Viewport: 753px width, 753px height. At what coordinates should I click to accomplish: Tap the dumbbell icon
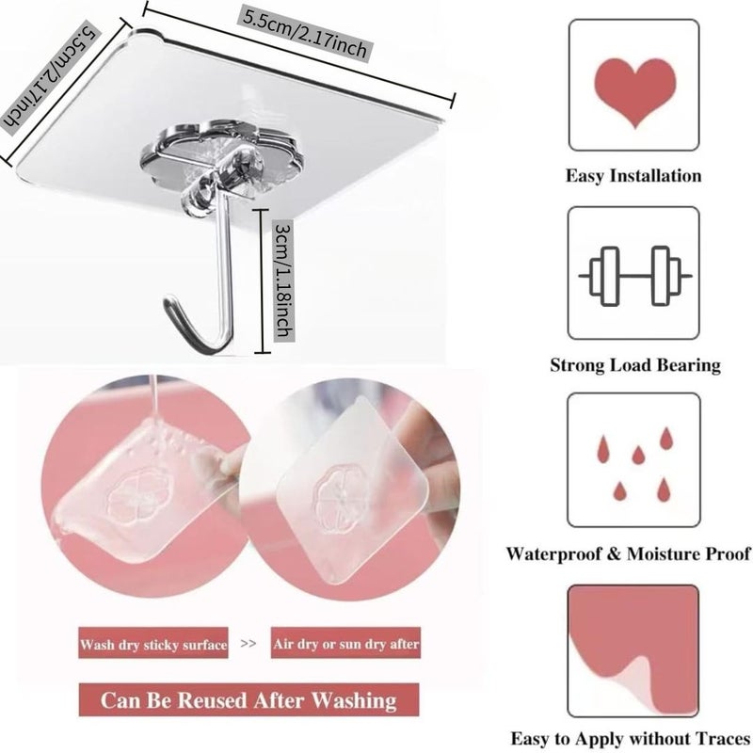(x=634, y=276)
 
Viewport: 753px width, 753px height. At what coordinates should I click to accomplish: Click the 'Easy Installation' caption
(x=633, y=176)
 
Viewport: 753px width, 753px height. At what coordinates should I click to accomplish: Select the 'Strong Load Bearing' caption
(x=635, y=365)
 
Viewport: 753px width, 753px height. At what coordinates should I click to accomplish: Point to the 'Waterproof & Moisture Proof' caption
(x=628, y=553)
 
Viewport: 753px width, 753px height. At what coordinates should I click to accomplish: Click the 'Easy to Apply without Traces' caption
(x=630, y=738)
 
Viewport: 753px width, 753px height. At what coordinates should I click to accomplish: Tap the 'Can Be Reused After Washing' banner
(x=248, y=700)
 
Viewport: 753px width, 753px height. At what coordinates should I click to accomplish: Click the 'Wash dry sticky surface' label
(x=153, y=644)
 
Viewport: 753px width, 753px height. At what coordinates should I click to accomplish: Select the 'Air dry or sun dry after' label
(x=345, y=643)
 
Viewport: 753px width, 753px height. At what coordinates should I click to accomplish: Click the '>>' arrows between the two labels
(x=248, y=643)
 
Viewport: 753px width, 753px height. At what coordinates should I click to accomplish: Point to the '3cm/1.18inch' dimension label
(x=283, y=280)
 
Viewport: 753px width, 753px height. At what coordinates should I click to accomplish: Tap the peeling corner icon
(x=633, y=650)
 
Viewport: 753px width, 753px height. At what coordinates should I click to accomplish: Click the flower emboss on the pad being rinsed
(x=136, y=496)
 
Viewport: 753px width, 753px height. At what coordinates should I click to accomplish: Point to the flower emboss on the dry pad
(x=340, y=498)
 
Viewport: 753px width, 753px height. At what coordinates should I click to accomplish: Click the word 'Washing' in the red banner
(x=355, y=700)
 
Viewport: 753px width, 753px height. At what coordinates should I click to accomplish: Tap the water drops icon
(x=633, y=464)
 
